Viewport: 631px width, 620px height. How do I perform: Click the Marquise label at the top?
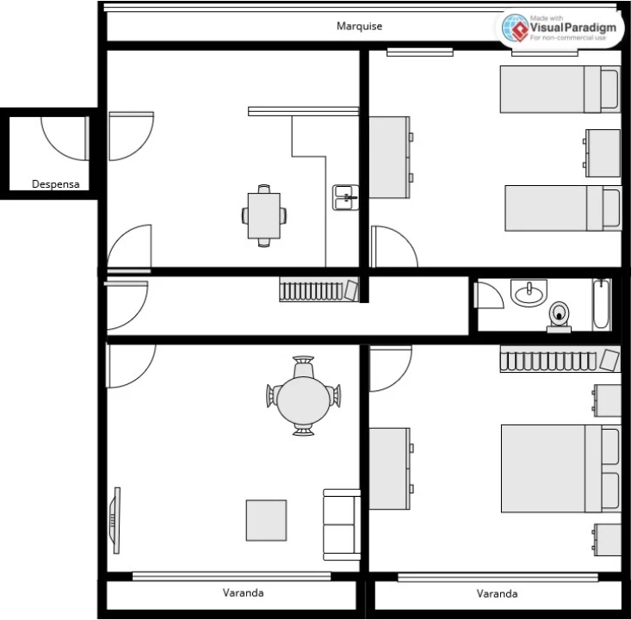(x=359, y=26)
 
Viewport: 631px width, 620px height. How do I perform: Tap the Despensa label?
(x=56, y=183)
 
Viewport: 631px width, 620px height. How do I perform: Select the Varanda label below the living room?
(x=243, y=592)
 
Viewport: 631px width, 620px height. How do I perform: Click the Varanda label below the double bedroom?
(x=497, y=593)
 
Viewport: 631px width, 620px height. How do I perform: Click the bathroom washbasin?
(x=528, y=294)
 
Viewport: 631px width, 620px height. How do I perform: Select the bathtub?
(x=602, y=304)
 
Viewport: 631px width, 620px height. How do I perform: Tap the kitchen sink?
(x=344, y=197)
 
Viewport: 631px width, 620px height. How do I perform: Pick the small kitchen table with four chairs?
(x=264, y=215)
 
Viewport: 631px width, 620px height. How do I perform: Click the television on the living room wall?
(x=114, y=520)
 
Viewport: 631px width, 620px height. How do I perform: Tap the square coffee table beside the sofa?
(x=266, y=520)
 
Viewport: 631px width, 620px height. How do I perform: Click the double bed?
(x=560, y=468)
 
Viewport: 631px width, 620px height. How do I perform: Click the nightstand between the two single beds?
(x=603, y=152)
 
